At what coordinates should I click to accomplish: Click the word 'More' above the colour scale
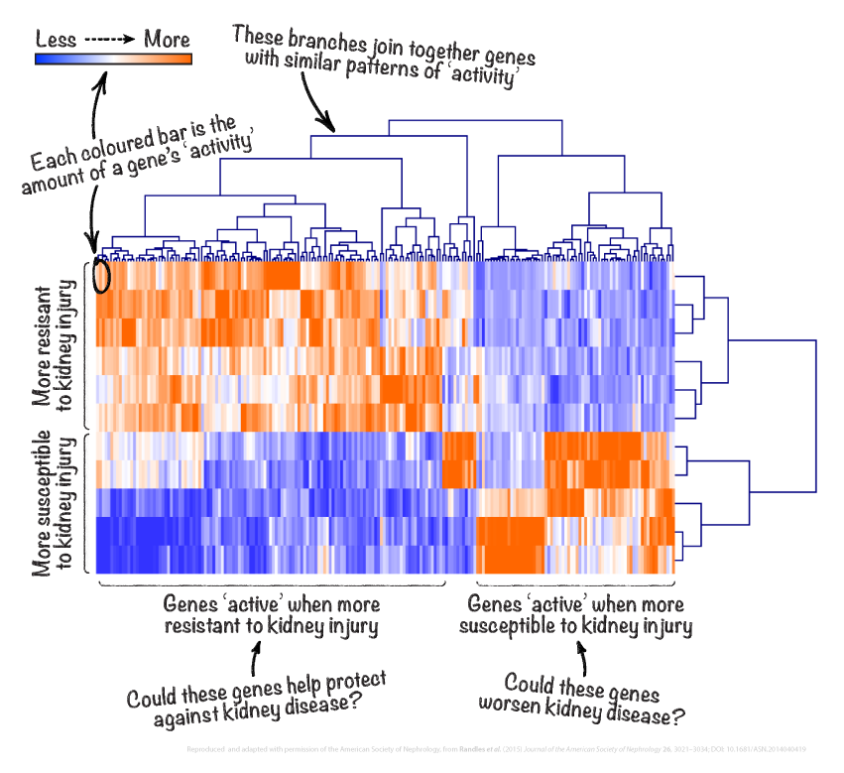[x=167, y=40]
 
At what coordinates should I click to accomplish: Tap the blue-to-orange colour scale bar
[x=112, y=60]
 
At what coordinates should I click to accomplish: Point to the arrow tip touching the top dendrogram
[x=333, y=129]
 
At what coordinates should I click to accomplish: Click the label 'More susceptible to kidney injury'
[x=56, y=502]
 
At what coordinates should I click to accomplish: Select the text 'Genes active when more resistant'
[x=271, y=614]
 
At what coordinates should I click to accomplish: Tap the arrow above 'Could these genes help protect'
[x=255, y=658]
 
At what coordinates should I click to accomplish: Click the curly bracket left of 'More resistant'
[x=87, y=343]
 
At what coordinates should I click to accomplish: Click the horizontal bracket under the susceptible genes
[x=575, y=584]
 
